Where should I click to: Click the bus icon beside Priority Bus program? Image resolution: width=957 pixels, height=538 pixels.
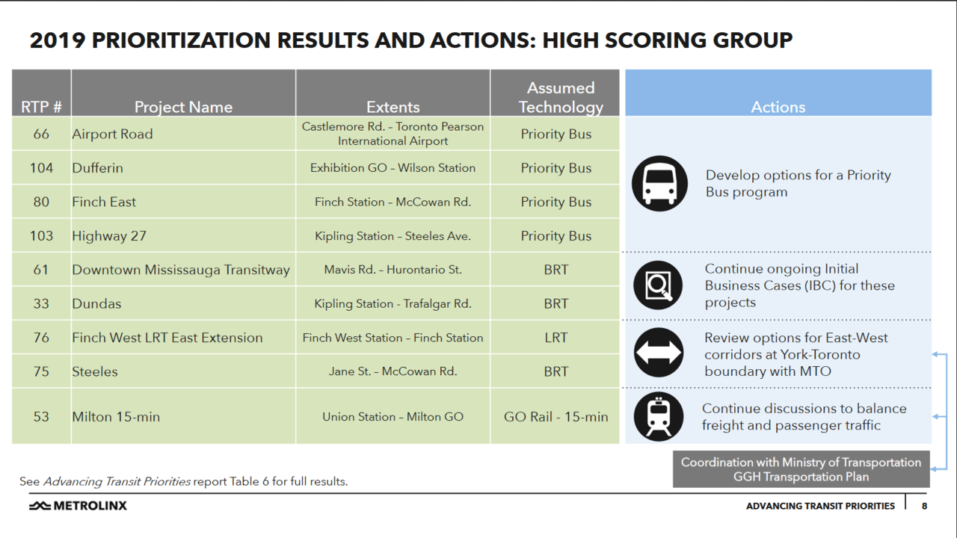pos(659,184)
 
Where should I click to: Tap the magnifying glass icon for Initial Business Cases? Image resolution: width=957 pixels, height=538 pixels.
pos(658,285)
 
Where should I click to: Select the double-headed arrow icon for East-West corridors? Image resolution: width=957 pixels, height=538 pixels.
pos(658,352)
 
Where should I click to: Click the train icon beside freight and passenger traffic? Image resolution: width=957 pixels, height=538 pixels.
pos(658,416)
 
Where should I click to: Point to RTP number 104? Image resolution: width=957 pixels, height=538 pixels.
pos(41,168)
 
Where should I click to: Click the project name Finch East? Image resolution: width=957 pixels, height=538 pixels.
pos(104,202)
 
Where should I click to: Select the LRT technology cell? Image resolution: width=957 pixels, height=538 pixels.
pos(556,338)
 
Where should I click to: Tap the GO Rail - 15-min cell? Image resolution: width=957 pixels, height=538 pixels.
pos(556,417)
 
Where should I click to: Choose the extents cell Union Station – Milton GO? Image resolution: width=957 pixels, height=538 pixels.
pos(393,417)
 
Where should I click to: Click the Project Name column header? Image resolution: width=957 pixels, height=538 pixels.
pos(183,107)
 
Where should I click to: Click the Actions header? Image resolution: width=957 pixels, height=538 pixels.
pos(778,107)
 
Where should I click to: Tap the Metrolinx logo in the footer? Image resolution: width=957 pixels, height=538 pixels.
pos(78,506)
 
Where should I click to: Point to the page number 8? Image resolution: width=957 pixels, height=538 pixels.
pos(924,506)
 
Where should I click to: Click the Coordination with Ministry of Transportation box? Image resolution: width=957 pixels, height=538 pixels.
pos(801,469)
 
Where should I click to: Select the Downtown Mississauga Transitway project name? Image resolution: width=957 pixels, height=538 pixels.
pos(180,270)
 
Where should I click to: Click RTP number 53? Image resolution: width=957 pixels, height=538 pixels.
pos(41,417)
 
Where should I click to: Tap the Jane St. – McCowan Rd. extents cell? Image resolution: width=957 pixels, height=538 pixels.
pos(393,371)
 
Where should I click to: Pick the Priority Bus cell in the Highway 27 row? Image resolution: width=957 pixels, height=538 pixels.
pos(556,236)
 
